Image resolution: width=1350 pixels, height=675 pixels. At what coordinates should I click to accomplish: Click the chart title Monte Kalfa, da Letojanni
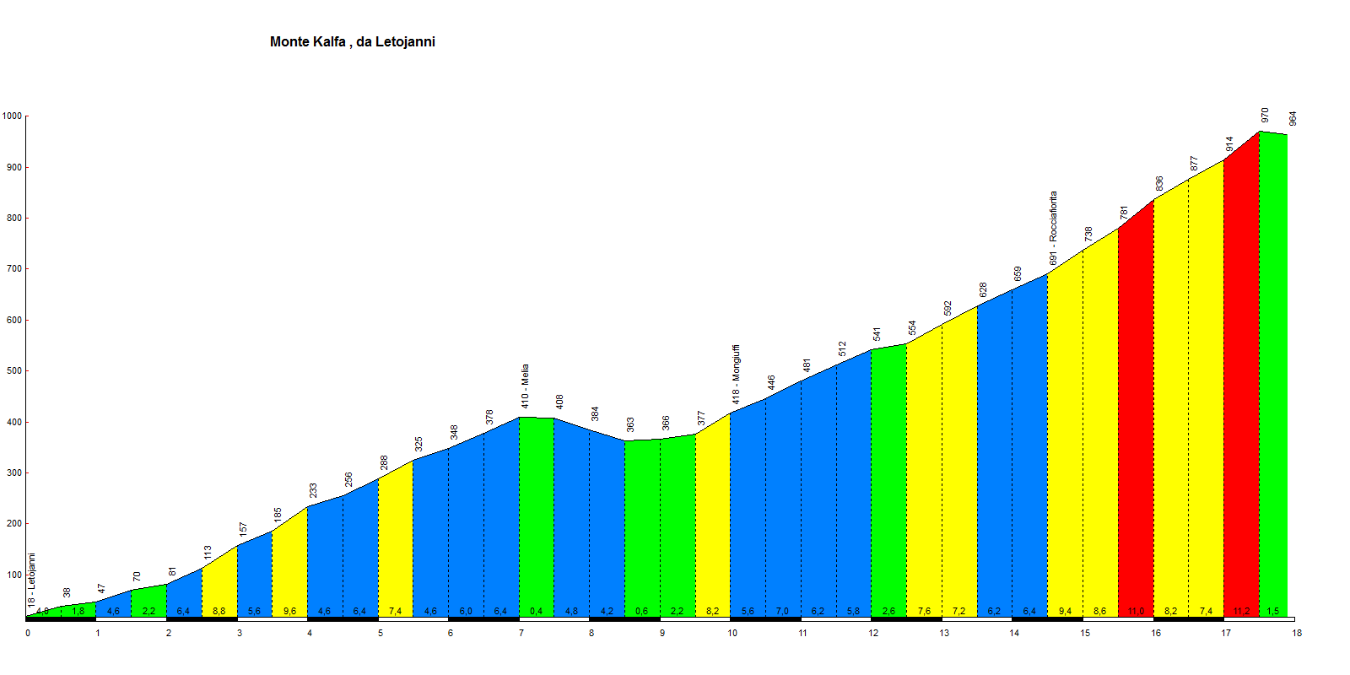click(x=353, y=42)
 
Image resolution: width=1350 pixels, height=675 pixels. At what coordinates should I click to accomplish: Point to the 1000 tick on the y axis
click(x=13, y=116)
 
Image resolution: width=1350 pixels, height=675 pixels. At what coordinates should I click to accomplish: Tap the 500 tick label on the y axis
click(x=13, y=371)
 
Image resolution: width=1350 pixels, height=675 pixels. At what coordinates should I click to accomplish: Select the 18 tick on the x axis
click(x=1297, y=633)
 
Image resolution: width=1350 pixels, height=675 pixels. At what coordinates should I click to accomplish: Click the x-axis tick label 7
click(x=521, y=633)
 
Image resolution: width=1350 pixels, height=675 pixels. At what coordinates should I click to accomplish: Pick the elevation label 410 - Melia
click(x=525, y=386)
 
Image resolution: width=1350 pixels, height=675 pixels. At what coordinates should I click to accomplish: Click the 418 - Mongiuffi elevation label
click(x=736, y=374)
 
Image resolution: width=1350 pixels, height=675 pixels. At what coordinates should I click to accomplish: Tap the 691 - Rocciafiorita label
click(x=1053, y=229)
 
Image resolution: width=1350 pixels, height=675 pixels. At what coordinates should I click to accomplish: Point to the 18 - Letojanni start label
click(x=32, y=580)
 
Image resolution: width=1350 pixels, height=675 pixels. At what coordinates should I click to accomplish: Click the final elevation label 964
click(x=1293, y=119)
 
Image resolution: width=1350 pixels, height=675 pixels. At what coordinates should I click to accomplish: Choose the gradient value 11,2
click(x=1241, y=611)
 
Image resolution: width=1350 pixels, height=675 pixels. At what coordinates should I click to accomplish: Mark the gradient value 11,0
click(x=1136, y=611)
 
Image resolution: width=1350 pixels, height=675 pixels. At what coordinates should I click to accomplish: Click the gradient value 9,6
click(x=289, y=611)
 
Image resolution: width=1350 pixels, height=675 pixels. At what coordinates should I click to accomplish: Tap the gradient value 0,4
click(x=536, y=611)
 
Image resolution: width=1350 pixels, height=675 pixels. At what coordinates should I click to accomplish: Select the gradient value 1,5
click(x=1273, y=611)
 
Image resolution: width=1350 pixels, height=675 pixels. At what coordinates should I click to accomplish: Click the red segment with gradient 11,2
click(x=1241, y=380)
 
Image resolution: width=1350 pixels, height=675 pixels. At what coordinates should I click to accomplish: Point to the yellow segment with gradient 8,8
click(x=219, y=582)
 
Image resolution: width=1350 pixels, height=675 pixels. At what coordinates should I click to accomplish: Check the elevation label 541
click(x=877, y=333)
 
